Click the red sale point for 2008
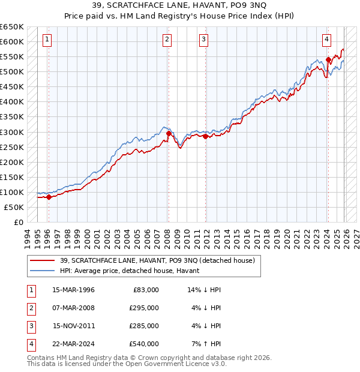click(169, 133)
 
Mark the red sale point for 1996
click(49, 197)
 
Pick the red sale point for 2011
click(205, 136)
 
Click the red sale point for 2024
click(328, 59)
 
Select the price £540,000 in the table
click(144, 344)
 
